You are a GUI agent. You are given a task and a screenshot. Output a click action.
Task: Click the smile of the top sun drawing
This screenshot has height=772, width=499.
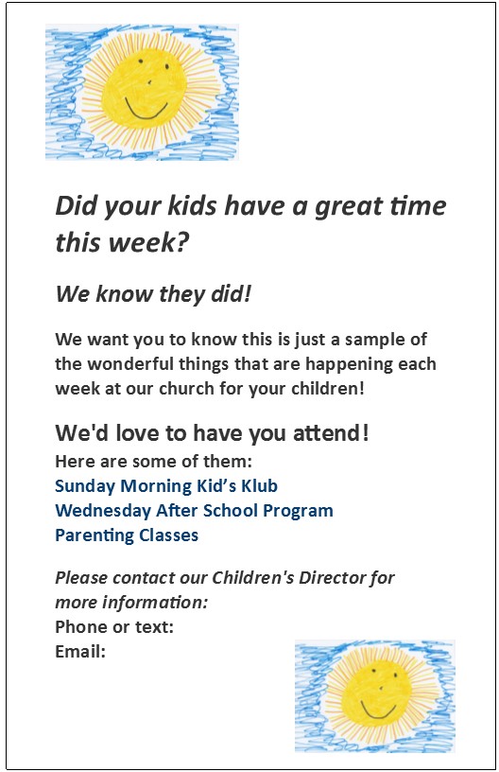pos(145,113)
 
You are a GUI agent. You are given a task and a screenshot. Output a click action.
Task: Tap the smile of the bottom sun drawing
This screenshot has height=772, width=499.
pos(378,711)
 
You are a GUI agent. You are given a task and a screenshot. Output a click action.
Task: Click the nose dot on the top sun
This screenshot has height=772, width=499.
pos(149,82)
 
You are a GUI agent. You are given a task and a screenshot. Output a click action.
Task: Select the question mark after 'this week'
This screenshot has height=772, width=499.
pos(182,242)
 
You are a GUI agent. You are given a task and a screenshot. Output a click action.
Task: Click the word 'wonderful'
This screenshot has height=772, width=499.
pos(130,364)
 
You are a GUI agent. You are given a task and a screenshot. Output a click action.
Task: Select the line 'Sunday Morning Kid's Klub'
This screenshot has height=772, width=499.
pos(166,486)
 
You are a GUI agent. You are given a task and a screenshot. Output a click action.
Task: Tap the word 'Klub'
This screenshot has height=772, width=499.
pos(259,486)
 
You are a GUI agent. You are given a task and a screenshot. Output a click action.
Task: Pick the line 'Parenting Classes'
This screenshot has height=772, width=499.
pos(127,535)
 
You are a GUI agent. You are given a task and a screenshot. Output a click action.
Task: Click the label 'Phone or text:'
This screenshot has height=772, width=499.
pos(114,627)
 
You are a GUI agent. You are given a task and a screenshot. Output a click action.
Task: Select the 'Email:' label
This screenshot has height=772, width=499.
pos(80,652)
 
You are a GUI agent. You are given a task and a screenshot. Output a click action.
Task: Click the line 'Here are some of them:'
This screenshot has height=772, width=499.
pos(153,462)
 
